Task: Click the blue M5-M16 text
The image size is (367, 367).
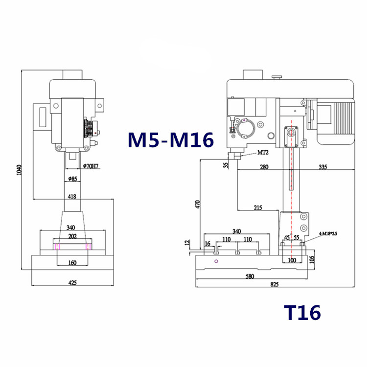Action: tap(171, 140)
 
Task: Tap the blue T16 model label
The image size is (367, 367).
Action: tap(302, 312)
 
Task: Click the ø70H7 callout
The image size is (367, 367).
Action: tap(92, 166)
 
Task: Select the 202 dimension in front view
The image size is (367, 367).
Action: tap(72, 236)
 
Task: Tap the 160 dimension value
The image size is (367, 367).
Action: tap(72, 263)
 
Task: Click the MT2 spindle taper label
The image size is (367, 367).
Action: tap(263, 153)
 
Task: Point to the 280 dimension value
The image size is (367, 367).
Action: tap(265, 167)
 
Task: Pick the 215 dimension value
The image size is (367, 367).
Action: tap(258, 207)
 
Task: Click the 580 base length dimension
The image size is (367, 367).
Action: tap(251, 277)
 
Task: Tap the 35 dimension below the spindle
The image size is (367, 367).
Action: tap(226, 165)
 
